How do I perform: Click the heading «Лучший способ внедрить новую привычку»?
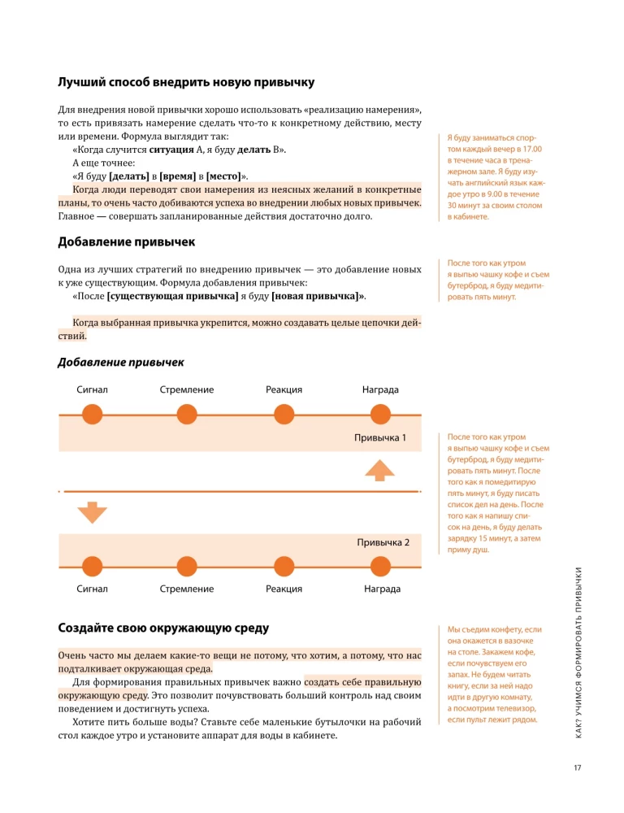186,82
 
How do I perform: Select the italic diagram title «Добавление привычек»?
121,362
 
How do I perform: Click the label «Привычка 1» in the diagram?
379,438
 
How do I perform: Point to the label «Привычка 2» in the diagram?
383,541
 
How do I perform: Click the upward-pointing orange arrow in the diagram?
379,470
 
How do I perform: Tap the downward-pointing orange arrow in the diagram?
93,512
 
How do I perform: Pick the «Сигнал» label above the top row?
93,390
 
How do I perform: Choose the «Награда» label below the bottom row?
382,589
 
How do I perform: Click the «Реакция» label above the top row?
284,390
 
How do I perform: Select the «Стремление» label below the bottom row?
187,589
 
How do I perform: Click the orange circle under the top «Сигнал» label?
93,415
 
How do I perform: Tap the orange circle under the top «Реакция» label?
284,415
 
